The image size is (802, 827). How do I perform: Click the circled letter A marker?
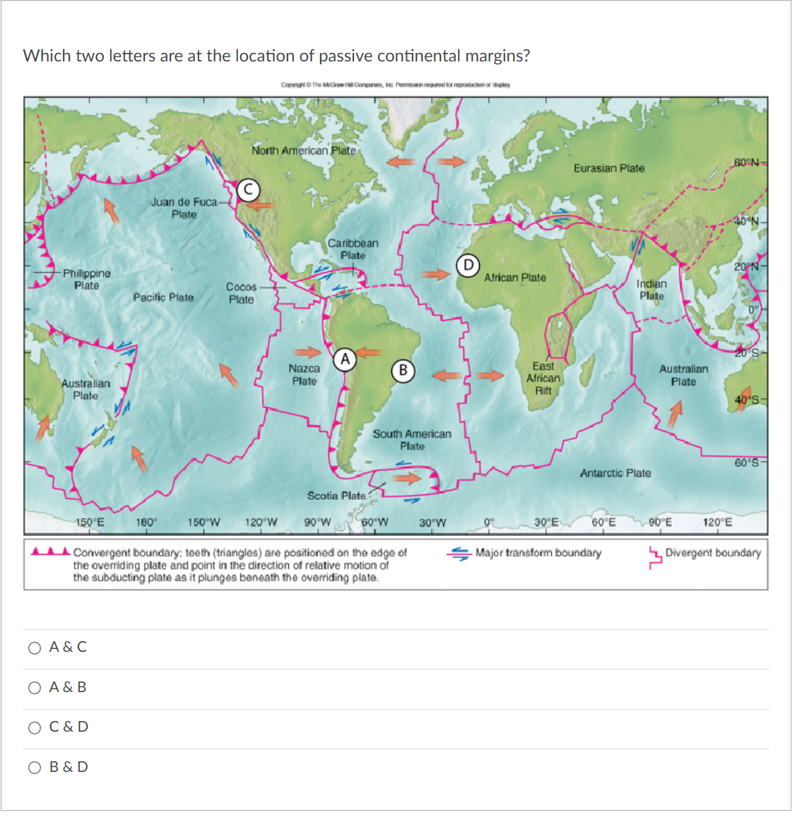click(345, 359)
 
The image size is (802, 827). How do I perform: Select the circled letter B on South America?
click(403, 370)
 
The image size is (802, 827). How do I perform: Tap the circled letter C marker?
click(248, 189)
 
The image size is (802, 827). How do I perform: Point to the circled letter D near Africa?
click(468, 266)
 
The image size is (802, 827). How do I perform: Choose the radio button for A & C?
click(35, 648)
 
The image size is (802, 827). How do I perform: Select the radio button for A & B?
click(35, 688)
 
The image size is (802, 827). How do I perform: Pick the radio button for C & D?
click(35, 727)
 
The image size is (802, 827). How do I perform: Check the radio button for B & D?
click(35, 768)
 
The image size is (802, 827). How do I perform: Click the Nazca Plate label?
click(305, 375)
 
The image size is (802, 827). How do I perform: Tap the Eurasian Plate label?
click(609, 168)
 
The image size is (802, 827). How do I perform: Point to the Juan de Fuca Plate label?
click(184, 208)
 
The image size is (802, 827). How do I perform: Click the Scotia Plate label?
click(336, 496)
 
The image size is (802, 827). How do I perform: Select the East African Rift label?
click(543, 378)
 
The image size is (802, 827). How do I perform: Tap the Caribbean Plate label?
click(353, 249)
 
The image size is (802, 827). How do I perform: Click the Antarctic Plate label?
click(615, 473)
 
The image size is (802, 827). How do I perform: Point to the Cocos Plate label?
click(241, 293)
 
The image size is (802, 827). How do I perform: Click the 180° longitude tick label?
click(146, 523)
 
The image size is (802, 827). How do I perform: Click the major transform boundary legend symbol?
click(459, 554)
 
